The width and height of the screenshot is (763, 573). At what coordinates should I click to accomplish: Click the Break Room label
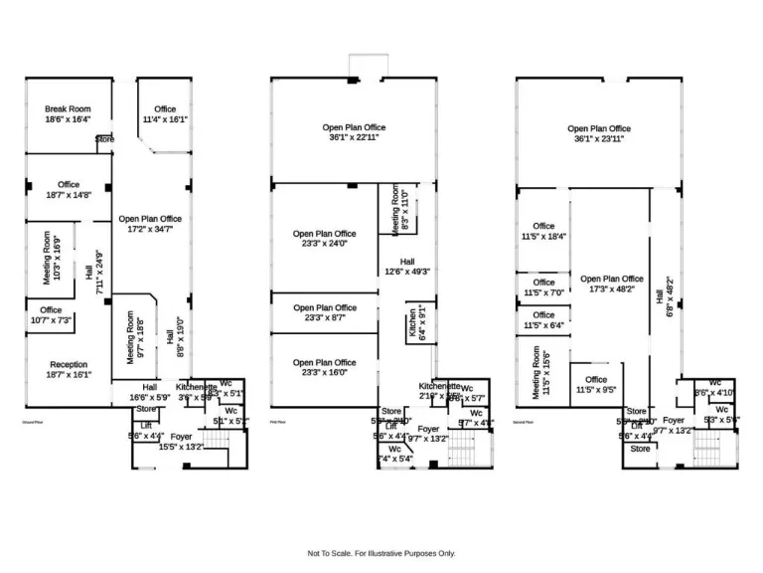point(68,113)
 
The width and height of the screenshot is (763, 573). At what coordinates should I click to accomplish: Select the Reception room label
point(68,369)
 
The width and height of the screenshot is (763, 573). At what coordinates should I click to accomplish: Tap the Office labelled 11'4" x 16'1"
point(165,113)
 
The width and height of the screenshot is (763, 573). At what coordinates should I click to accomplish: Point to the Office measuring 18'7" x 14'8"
point(68,190)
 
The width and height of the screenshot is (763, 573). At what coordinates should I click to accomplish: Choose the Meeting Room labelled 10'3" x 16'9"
point(52,255)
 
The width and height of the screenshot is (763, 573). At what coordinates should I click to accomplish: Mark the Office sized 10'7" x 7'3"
point(51,315)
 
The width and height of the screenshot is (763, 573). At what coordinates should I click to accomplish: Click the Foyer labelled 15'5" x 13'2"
point(181,442)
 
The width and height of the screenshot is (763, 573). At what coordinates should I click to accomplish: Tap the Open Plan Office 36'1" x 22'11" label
point(353,132)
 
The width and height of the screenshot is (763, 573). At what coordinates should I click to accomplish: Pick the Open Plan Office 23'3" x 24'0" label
point(324,239)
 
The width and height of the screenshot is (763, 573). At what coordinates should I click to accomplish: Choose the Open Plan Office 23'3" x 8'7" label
point(324,312)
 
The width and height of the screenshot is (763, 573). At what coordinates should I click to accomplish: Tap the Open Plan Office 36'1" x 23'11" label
point(599,133)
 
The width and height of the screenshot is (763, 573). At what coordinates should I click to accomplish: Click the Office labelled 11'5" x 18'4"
point(543,231)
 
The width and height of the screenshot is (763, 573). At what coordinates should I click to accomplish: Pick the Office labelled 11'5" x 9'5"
point(595,385)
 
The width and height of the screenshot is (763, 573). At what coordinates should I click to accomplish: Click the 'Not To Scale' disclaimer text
point(381,553)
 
